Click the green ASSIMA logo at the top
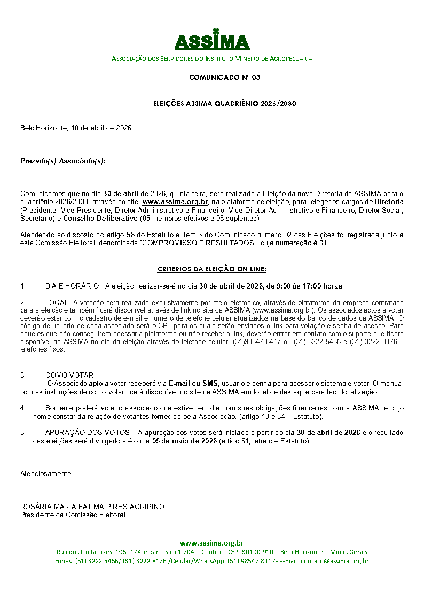point(212,40)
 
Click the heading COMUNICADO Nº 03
point(224,77)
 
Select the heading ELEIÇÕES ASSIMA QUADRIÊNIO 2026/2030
point(224,104)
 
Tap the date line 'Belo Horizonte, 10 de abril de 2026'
point(76,128)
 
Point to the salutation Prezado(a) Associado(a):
point(62,161)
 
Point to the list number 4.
point(22,408)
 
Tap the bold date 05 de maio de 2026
point(184,441)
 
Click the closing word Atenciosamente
point(46,473)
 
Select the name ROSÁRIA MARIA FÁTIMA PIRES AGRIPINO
point(92,507)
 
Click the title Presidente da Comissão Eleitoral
point(73,515)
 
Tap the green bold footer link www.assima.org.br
point(211,543)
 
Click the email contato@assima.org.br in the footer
point(335,561)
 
